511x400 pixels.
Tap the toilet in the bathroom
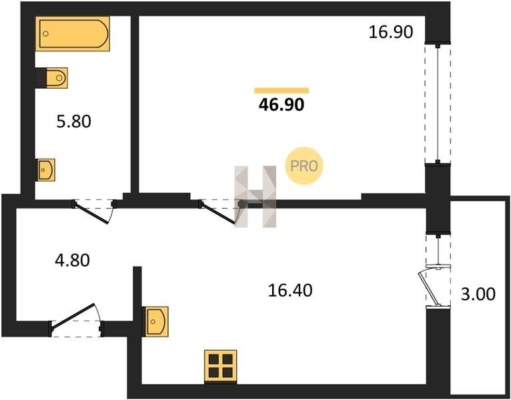pos(55,77)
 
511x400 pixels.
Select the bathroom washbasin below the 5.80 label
pos(45,169)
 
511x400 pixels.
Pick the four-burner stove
pos(220,366)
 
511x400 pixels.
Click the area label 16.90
pos(392,31)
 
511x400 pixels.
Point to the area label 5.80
pos(71,121)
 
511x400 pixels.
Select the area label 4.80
pos(72,259)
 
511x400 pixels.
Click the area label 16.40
pos(290,291)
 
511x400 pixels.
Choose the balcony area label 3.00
pos(478,293)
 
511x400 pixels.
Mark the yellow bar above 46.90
pos(282,90)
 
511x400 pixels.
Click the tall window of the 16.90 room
pos(438,103)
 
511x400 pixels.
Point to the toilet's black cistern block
pos(40,77)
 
